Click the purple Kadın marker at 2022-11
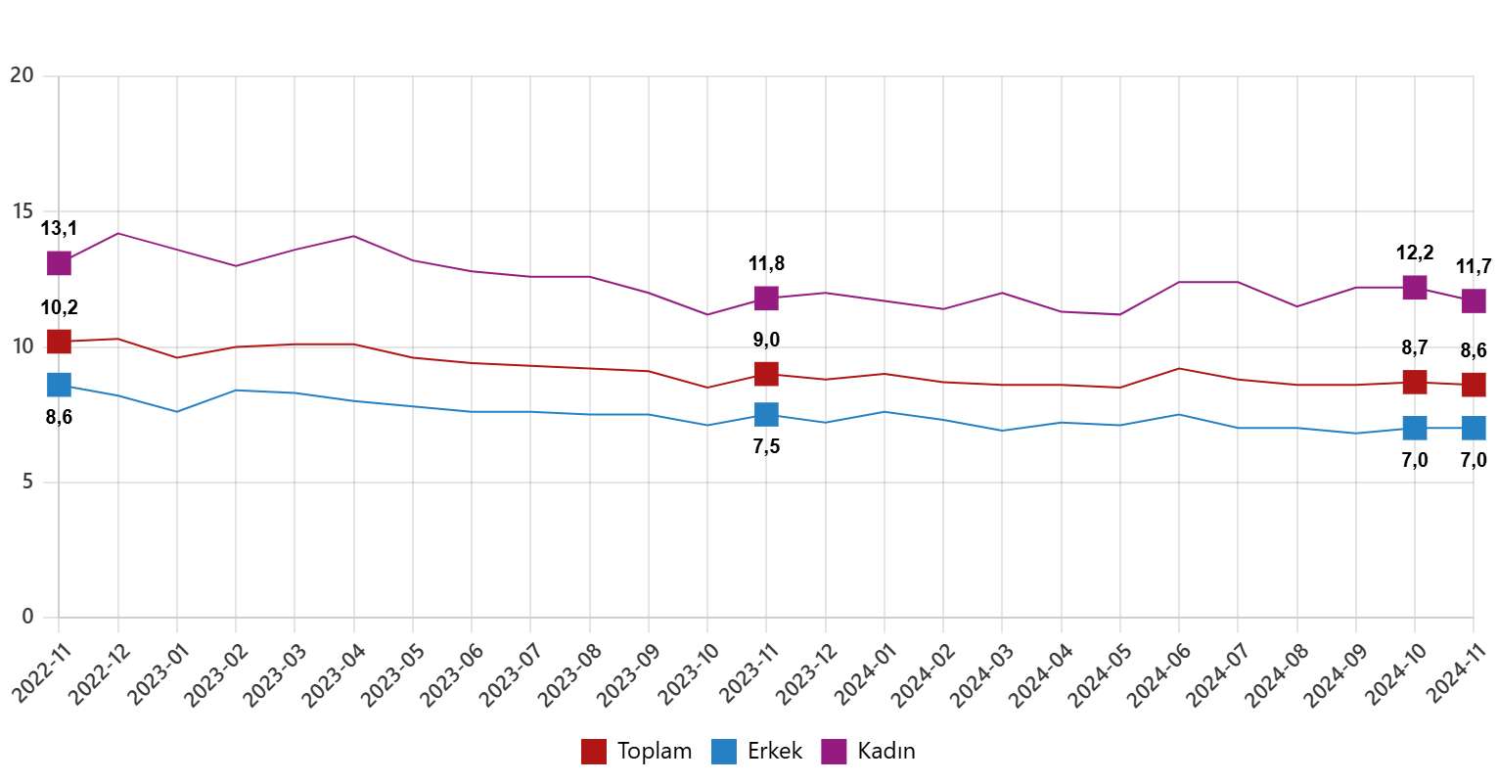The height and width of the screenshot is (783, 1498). click(59, 263)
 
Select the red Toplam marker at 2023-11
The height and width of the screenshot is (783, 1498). click(766, 374)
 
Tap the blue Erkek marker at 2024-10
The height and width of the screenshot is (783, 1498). click(1415, 428)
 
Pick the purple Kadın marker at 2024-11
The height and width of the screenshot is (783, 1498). click(1474, 300)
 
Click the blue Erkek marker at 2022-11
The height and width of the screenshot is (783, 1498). click(59, 385)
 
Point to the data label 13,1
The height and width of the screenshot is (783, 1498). click(59, 229)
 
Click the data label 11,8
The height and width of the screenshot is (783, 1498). click(766, 263)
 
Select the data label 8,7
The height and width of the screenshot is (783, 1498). click(1415, 346)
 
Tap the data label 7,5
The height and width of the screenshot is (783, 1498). click(766, 447)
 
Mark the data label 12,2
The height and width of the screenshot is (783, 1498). click(1415, 253)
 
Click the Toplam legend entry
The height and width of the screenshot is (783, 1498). click(637, 752)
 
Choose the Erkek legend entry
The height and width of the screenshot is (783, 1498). click(757, 752)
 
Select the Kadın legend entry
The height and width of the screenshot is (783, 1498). click(869, 752)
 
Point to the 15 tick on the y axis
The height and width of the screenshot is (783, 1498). click(22, 211)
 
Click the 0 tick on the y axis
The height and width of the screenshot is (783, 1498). click(27, 618)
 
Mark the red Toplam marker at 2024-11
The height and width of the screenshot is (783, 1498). click(1474, 385)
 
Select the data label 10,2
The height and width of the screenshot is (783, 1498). click(59, 308)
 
